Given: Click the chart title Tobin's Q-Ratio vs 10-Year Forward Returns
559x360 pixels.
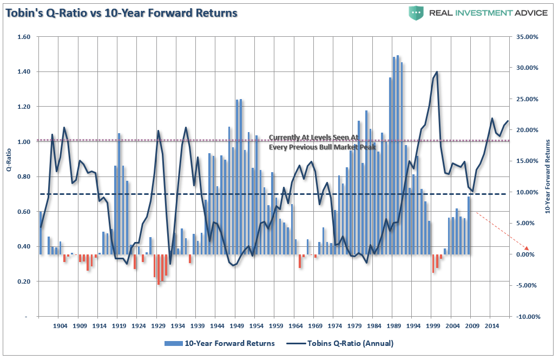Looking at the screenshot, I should point(122,12).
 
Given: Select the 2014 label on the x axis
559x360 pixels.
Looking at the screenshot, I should point(491,326).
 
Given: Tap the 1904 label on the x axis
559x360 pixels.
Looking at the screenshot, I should point(60,326).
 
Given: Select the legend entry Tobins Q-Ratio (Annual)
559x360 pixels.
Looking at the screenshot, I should point(344,343).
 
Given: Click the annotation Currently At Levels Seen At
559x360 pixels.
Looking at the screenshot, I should point(314,138).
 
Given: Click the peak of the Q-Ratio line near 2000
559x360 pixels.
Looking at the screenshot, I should point(436,72).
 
